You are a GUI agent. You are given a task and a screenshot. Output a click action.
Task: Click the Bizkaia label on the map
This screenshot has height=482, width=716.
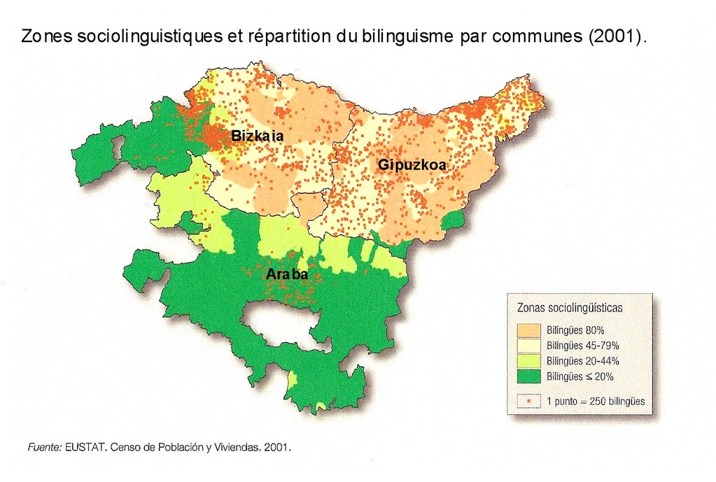click(x=257, y=136)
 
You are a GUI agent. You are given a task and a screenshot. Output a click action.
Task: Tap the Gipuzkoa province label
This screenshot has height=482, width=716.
click(x=412, y=165)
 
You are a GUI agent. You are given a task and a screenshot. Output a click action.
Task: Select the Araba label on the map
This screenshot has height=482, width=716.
click(x=287, y=275)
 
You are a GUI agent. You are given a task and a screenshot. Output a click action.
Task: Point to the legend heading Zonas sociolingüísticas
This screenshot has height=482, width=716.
click(x=569, y=307)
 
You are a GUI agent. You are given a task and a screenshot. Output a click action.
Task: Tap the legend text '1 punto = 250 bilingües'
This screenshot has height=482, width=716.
click(x=595, y=402)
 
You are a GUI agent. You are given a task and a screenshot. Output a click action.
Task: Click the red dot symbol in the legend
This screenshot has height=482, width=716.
click(x=529, y=402)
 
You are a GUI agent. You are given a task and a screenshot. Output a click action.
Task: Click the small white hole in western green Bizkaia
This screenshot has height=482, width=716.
click(x=118, y=148)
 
